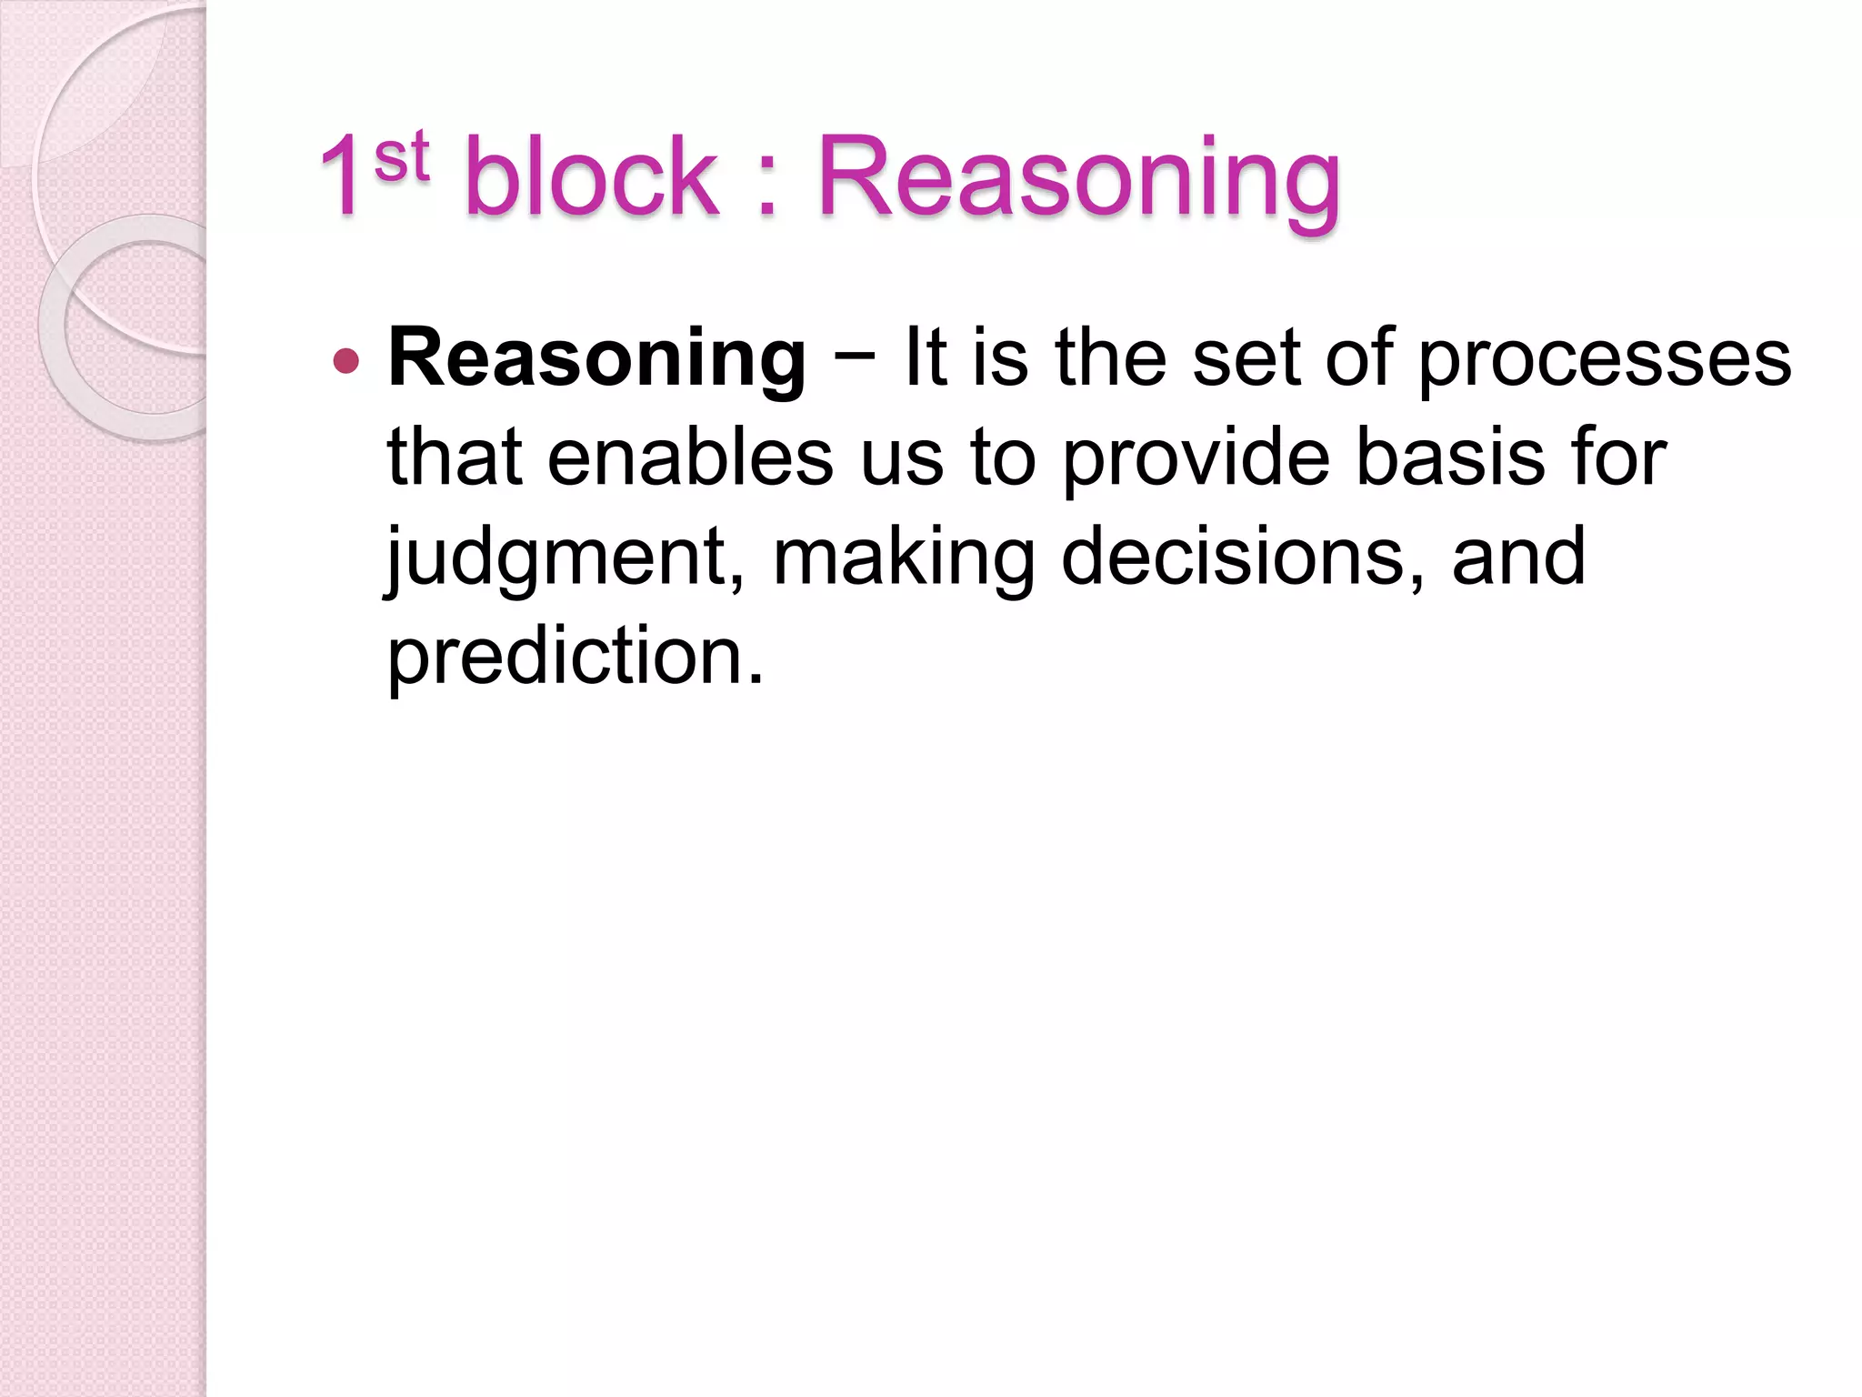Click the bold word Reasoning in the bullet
click(x=596, y=359)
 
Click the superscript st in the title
click(x=401, y=156)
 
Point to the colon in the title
click(x=767, y=186)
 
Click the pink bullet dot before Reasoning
click(x=346, y=361)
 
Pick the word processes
click(x=1605, y=359)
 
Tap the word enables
click(x=690, y=457)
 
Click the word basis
click(x=1450, y=457)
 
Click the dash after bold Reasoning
click(x=854, y=355)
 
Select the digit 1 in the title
click(x=343, y=177)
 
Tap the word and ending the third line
click(x=1519, y=557)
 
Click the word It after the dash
click(x=926, y=359)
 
